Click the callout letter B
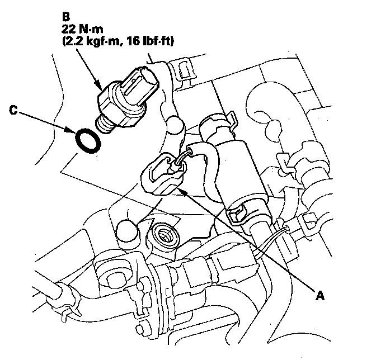coord(65,17)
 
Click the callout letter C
coord(13,110)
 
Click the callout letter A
coord(320,295)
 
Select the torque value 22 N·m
coord(82,29)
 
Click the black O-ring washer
coord(88,141)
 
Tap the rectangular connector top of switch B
coord(140,86)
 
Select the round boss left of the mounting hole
coord(127,231)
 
